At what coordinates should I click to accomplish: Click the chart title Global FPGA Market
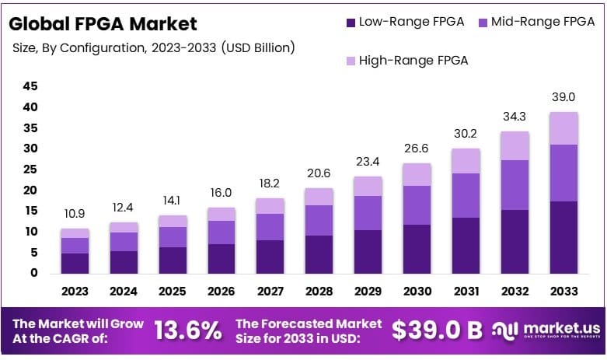103,23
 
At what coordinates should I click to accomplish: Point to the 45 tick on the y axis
30,86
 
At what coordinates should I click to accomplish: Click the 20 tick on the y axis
30,190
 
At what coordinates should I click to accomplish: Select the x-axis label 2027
270,292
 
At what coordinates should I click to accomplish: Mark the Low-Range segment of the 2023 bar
75,263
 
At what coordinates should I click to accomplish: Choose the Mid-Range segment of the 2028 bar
318,220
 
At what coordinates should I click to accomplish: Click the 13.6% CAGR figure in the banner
187,330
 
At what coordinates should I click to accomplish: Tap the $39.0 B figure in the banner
437,330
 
